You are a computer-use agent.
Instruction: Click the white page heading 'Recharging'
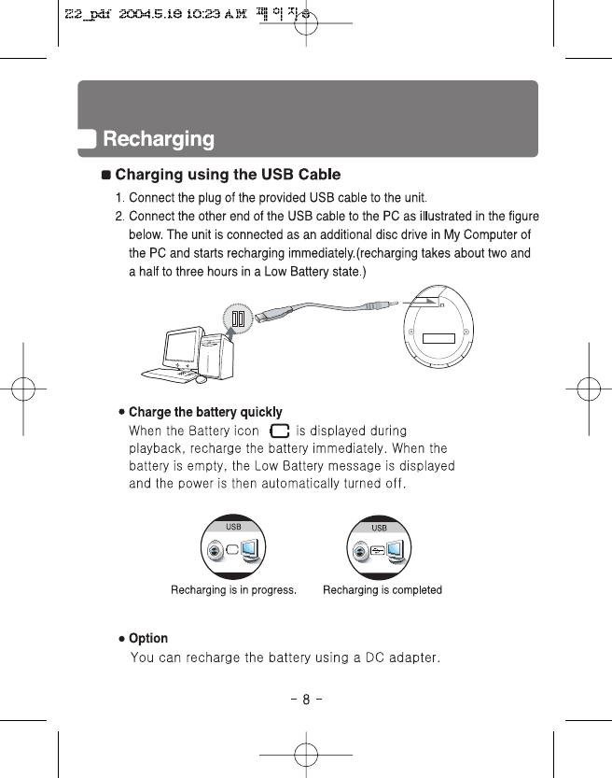[159, 140]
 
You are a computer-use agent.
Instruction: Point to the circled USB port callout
[240, 318]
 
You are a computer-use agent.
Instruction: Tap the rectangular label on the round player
[439, 337]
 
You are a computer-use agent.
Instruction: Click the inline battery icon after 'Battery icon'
[277, 431]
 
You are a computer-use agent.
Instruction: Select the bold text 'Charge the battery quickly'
[204, 412]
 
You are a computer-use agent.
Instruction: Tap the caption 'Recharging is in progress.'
[233, 590]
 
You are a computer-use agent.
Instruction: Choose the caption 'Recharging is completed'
[382, 590]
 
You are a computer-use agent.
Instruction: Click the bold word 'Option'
[147, 639]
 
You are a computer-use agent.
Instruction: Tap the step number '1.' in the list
[120, 198]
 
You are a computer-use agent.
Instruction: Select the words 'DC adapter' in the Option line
[400, 658]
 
